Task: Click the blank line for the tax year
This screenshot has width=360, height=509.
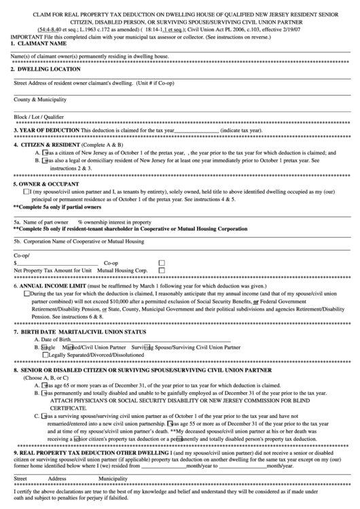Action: pos(196,130)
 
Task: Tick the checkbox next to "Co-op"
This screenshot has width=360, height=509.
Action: pos(162,262)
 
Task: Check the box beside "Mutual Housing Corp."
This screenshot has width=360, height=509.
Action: pos(162,270)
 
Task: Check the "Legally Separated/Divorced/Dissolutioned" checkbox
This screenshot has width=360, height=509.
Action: pos(46,354)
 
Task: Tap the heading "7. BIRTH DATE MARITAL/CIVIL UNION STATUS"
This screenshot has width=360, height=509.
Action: pos(79,332)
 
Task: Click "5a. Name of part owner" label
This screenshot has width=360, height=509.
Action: pos(41,222)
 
